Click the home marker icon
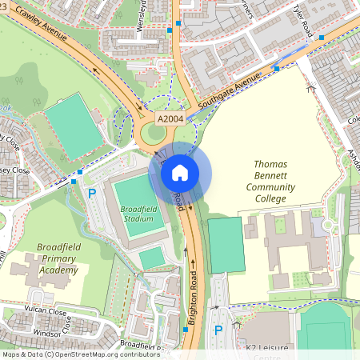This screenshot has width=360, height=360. click(x=180, y=172)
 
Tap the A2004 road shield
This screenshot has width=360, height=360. click(x=170, y=118)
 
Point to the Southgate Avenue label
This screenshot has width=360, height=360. click(x=230, y=93)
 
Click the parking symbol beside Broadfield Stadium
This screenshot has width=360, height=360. click(x=92, y=194)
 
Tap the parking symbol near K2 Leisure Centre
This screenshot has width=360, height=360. click(x=218, y=330)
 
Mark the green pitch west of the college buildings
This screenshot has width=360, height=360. click(x=225, y=245)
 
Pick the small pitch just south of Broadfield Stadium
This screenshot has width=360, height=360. click(x=152, y=258)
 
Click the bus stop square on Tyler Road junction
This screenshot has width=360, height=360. click(x=322, y=37)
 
